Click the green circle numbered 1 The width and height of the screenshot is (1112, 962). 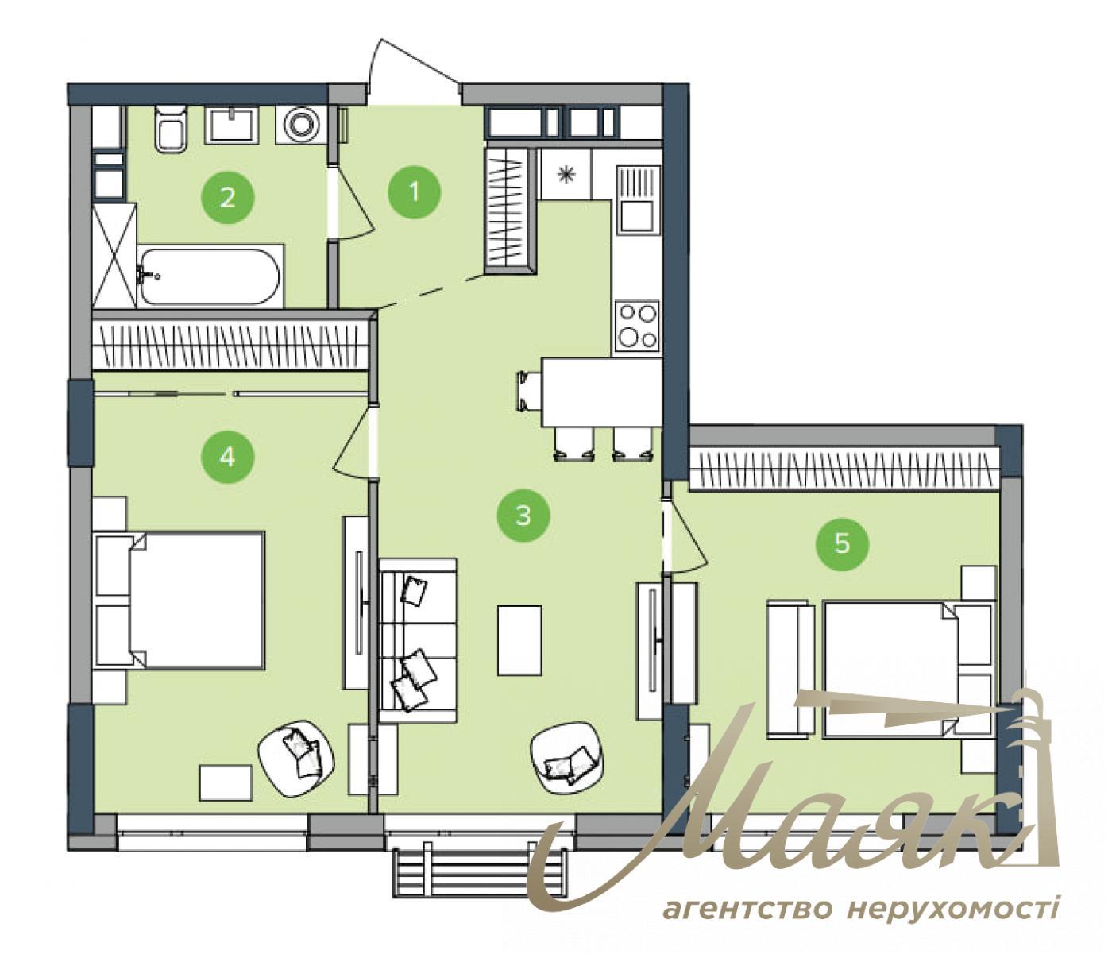tap(414, 191)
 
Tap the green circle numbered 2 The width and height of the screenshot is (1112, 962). tap(227, 196)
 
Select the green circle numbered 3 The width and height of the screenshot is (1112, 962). tap(523, 516)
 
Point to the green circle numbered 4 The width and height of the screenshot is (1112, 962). tap(227, 457)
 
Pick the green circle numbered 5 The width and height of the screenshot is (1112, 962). tap(842, 543)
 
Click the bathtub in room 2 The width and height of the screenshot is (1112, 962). tap(210, 276)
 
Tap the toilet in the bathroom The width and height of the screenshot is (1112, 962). tap(171, 128)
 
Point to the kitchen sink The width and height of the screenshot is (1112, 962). tap(637, 199)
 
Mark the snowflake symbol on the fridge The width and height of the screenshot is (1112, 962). tap(566, 175)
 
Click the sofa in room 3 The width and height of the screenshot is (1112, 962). tap(418, 639)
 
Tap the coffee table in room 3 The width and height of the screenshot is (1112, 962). tap(519, 640)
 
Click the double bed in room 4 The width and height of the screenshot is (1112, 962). tap(181, 599)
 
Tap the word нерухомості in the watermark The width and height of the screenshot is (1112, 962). tap(952, 908)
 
